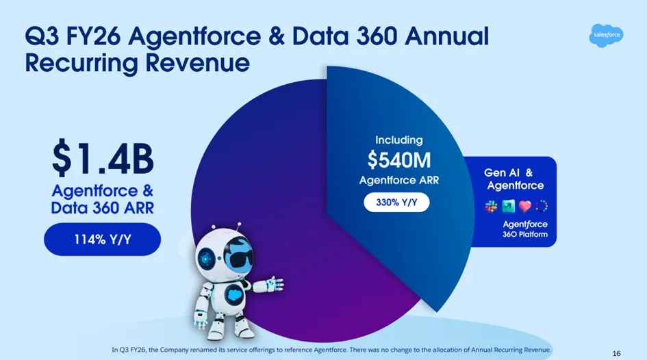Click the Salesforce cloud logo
point(606,36)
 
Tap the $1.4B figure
point(103,158)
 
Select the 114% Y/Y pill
point(102,239)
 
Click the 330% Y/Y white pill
point(396,203)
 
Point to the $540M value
point(399,160)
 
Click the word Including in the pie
point(399,140)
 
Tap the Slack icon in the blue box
point(491,206)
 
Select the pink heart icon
point(525,206)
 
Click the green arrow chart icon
point(508,206)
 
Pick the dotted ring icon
point(542,206)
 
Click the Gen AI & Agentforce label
point(515,179)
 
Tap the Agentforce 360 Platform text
point(525,229)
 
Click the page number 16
point(616,353)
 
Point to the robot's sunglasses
point(241,259)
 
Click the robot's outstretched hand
point(275,284)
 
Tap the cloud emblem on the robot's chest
point(234,294)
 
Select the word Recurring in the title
point(81,63)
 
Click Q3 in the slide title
point(42,36)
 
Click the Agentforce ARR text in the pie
point(399,180)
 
